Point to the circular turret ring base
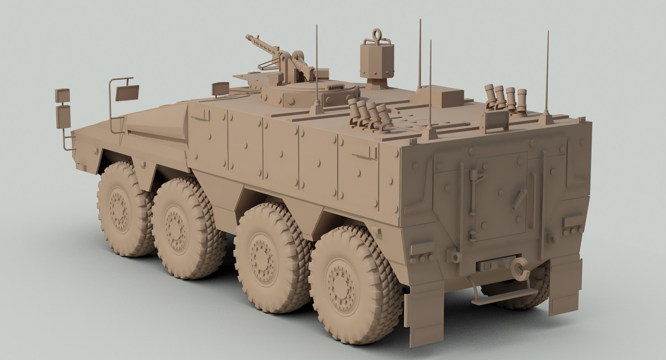point(309,94)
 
